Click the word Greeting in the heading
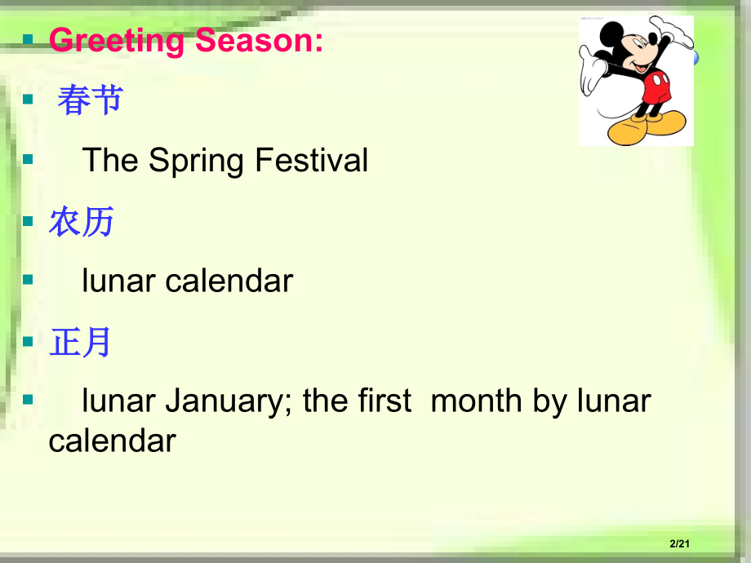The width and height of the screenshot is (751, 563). point(118,41)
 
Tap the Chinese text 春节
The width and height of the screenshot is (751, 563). point(91,100)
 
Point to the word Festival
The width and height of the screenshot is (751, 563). point(311,160)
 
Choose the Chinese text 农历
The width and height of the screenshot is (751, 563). point(81,221)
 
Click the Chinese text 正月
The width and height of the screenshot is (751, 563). point(80,342)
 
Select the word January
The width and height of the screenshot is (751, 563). point(225,401)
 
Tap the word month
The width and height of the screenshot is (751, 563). point(476,401)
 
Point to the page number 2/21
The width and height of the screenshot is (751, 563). point(680,543)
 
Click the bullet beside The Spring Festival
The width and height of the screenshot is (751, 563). point(28,159)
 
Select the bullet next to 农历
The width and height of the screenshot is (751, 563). point(28,220)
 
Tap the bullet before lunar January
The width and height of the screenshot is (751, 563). point(28,399)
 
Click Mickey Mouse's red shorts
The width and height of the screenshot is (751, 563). point(655,87)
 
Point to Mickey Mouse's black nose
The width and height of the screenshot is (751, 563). point(653,43)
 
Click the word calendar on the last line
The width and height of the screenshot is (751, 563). point(113,441)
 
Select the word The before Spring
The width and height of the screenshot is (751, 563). point(110,160)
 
